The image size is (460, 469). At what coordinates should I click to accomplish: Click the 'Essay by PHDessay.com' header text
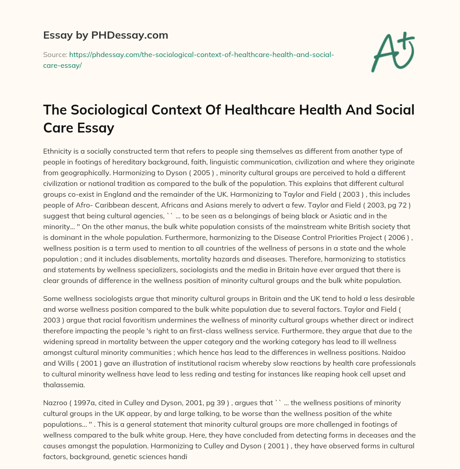[x=106, y=35]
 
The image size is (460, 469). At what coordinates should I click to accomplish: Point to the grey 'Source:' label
[x=55, y=55]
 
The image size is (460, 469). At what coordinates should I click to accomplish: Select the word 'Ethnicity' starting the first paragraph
[x=58, y=151]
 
